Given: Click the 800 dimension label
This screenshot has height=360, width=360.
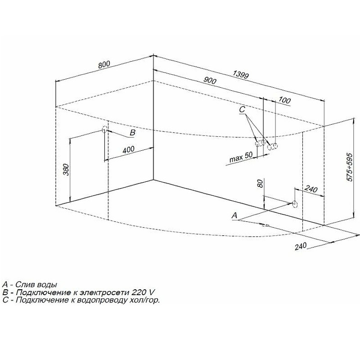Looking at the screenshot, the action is (x=104, y=65).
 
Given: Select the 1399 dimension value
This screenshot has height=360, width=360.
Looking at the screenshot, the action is (x=241, y=74).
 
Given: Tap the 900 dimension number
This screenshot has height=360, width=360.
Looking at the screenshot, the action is (x=210, y=80).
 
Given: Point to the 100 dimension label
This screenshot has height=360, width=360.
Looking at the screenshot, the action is (x=284, y=100).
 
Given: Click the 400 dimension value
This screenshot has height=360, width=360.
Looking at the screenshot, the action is (x=129, y=150).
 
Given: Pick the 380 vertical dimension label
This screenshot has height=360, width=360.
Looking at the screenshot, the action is (x=66, y=170).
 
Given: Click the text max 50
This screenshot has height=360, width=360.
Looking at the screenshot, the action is (x=241, y=157).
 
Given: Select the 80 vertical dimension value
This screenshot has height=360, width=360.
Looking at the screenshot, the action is (x=260, y=184).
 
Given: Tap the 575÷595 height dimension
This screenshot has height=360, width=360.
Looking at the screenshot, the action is (x=350, y=167).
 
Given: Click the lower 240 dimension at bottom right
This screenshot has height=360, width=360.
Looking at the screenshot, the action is (x=301, y=246).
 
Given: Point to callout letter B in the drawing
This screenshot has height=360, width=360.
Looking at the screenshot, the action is (x=132, y=132).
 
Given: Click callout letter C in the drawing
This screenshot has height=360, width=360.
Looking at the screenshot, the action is (x=242, y=109).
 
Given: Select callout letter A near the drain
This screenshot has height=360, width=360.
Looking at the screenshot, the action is (x=234, y=216).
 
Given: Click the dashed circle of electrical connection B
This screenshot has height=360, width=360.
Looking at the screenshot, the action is (x=105, y=129).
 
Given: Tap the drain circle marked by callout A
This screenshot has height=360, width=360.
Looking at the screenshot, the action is (x=295, y=204).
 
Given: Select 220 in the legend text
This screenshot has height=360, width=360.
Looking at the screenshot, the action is (x=139, y=292).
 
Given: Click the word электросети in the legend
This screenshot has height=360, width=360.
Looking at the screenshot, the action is (x=104, y=292).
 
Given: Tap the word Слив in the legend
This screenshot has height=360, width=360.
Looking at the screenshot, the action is (x=25, y=285).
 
